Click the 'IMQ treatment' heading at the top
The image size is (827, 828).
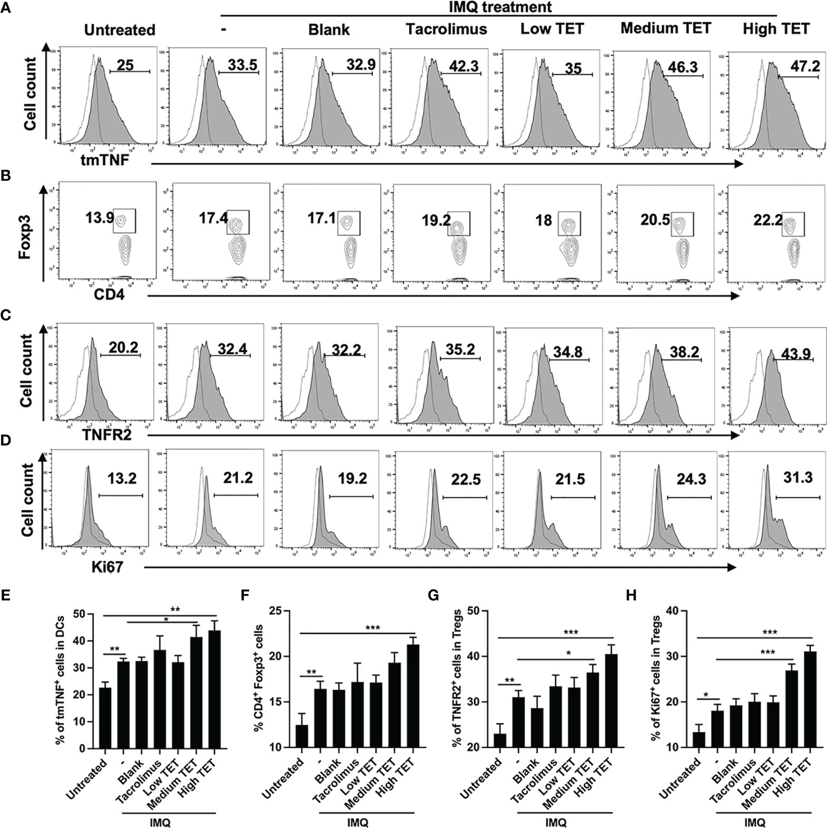tap(498, 7)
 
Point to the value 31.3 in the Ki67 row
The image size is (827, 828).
tap(798, 478)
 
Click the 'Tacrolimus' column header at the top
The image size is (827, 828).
tap(446, 29)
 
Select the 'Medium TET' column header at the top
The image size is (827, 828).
tap(666, 28)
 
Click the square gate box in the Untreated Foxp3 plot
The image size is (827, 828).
tap(125, 220)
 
